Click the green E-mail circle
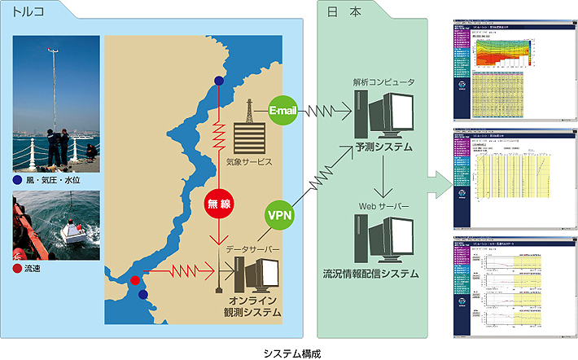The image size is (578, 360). click(283, 109)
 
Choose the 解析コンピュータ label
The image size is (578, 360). click(383, 82)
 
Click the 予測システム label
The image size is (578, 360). click(383, 148)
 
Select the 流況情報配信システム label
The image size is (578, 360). click(383, 274)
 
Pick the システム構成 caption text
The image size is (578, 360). click(289, 352)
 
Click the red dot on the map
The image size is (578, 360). click(135, 281)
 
